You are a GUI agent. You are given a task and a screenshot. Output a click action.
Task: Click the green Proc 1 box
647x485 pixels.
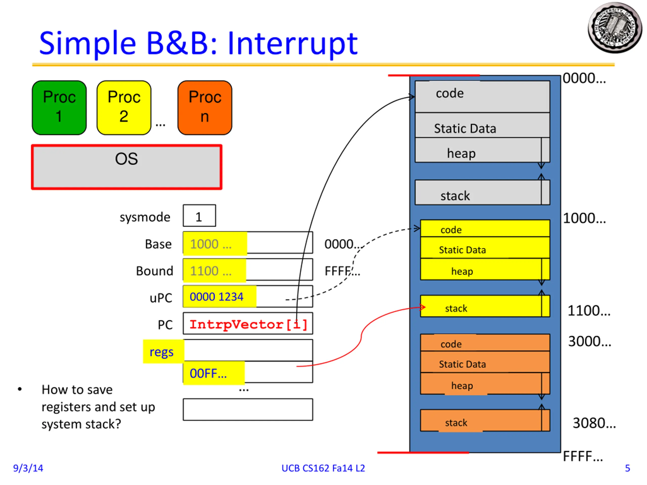[x=59, y=108]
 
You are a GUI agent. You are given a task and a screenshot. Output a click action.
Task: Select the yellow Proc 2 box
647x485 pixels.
[x=124, y=108]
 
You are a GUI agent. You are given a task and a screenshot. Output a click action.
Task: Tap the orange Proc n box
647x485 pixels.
[x=205, y=108]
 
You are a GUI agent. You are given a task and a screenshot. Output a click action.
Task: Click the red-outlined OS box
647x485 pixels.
[x=127, y=167]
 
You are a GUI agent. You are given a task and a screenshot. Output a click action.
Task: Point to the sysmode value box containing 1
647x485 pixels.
[x=199, y=216]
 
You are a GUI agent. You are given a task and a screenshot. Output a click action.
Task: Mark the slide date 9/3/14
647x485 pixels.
[x=28, y=468]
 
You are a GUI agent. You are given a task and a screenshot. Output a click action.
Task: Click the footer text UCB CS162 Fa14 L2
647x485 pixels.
[x=323, y=468]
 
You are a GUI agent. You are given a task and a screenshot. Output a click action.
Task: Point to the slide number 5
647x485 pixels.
[x=627, y=468]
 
